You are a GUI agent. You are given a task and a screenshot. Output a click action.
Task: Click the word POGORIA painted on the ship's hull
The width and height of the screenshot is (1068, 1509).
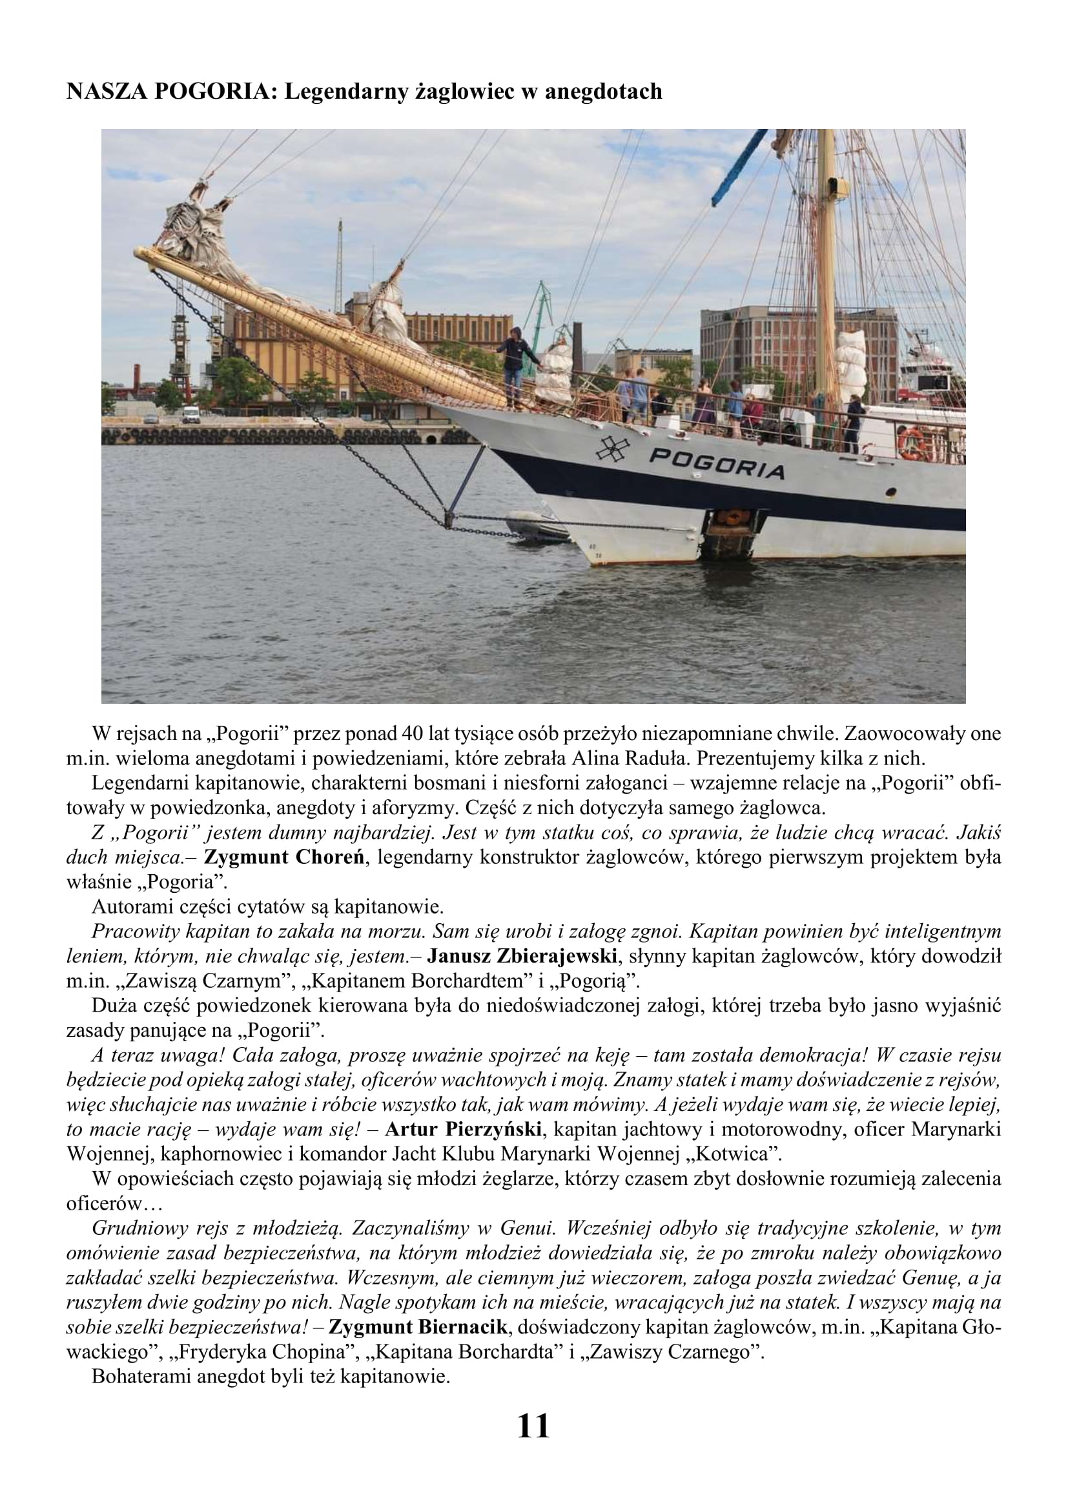(x=717, y=464)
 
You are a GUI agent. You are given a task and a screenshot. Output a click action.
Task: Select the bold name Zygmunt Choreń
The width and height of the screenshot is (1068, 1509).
(x=284, y=857)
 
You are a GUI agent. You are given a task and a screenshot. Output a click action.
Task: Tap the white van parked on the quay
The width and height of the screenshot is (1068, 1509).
(x=190, y=414)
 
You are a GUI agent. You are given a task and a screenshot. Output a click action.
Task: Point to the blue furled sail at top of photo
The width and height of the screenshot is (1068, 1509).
(x=739, y=168)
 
